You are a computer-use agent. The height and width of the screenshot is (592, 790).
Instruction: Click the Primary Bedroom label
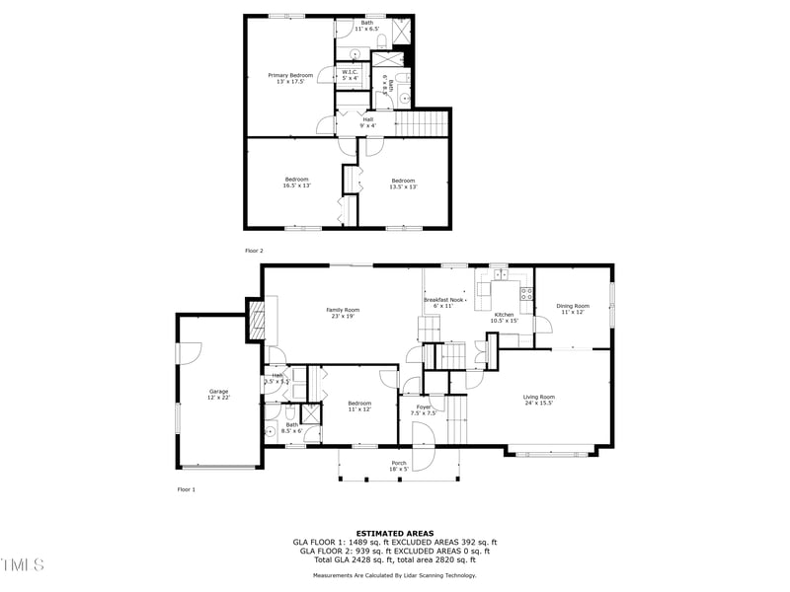[289, 78]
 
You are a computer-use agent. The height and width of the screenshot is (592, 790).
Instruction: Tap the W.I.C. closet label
[351, 74]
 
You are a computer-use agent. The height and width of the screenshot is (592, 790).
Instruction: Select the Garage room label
[218, 395]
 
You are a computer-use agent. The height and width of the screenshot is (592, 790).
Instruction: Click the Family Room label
[342, 313]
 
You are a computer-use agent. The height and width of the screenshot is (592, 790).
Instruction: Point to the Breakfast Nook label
[443, 302]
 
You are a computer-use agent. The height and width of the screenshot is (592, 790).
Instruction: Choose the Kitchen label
[504, 317]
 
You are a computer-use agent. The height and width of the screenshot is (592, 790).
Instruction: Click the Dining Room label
[574, 308]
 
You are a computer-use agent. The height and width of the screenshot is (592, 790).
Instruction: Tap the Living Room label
[538, 400]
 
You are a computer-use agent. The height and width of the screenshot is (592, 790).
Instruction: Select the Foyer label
[424, 409]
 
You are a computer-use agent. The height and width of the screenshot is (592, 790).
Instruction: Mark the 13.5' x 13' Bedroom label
[403, 184]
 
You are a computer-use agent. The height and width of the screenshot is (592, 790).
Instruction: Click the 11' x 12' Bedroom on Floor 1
[359, 406]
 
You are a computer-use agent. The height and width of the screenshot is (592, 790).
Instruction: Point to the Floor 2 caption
[255, 251]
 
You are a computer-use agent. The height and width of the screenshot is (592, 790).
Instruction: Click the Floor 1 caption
[187, 489]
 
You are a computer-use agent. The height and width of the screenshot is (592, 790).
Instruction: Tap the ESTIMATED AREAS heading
[394, 533]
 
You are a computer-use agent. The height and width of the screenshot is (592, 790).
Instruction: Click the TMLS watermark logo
[23, 564]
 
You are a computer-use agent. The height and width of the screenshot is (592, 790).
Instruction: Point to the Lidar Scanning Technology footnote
[394, 575]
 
